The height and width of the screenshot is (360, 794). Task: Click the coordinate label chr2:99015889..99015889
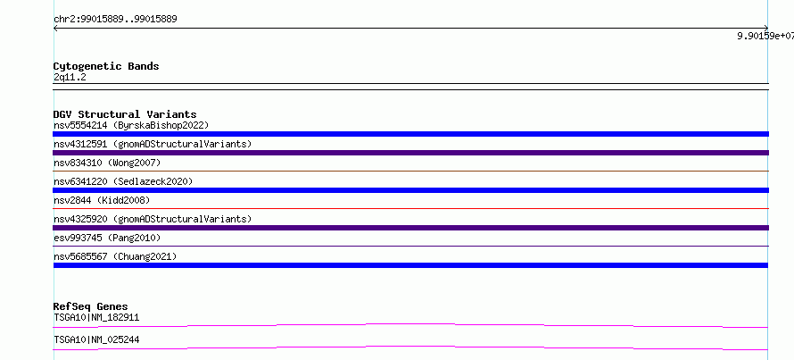(x=115, y=20)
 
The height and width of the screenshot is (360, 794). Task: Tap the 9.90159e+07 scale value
(x=765, y=36)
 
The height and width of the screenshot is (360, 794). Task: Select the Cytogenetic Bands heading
(x=106, y=66)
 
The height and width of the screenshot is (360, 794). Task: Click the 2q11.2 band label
(x=70, y=77)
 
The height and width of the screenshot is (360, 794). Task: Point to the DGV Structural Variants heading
(x=125, y=114)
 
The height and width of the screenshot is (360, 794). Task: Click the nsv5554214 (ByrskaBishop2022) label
(x=131, y=125)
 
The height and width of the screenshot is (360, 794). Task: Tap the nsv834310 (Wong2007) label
(x=107, y=163)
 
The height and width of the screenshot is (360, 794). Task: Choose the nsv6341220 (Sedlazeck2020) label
(x=123, y=181)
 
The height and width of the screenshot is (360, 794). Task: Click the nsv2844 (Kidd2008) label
(x=102, y=200)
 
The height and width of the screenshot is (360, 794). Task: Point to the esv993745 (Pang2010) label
(x=107, y=238)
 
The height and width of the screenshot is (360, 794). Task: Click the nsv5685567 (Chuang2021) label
(x=115, y=256)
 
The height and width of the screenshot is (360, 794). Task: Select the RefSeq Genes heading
(x=91, y=306)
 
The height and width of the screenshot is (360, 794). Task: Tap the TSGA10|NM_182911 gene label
(x=96, y=318)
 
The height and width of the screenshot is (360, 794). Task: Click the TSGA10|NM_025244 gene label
(x=96, y=340)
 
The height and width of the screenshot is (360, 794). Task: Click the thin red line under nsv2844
(x=410, y=208)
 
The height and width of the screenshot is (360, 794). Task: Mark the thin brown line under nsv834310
(x=410, y=171)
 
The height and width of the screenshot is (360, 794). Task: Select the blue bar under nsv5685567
(x=410, y=265)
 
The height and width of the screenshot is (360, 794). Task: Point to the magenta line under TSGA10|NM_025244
(x=410, y=347)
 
